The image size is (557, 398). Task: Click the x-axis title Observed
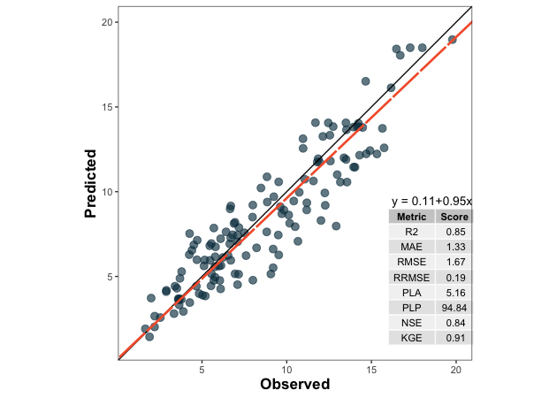294,385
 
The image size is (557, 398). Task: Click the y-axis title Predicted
90,183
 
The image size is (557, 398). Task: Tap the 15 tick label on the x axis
370,369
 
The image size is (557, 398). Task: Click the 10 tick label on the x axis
286,369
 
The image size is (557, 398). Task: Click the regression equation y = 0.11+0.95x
431,201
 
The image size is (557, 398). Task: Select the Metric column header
411,217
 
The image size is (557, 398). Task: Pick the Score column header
454,217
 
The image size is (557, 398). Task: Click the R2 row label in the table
411,232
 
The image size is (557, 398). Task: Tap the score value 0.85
455,232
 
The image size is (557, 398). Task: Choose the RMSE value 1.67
455,262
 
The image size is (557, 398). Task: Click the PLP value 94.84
454,307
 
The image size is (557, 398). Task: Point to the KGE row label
411,337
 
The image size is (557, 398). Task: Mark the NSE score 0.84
455,322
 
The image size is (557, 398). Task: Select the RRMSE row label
411,277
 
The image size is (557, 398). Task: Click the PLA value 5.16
455,292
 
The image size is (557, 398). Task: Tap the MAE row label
411,247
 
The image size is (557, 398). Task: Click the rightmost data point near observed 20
452,40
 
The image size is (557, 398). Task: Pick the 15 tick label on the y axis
105,107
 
